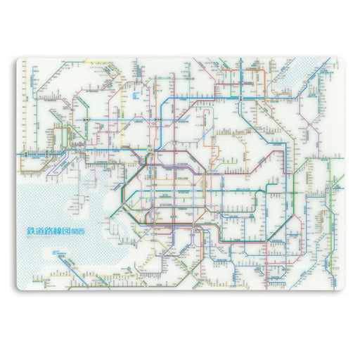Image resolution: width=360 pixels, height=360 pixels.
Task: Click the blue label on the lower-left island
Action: tap(56, 252)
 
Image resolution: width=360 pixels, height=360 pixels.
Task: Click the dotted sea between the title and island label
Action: tap(49, 243)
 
